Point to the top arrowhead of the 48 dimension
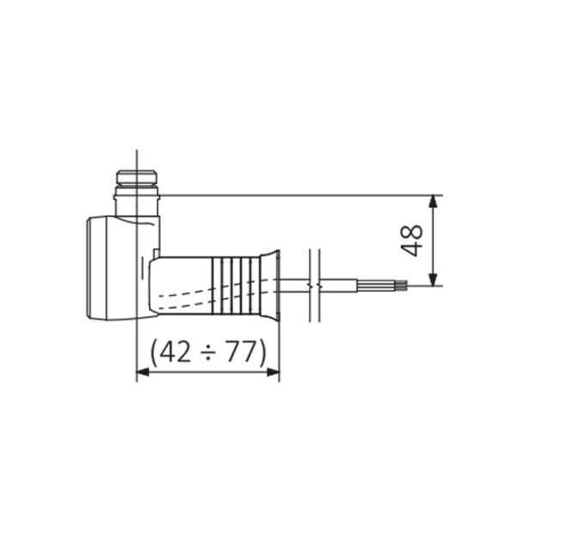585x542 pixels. [x=433, y=202]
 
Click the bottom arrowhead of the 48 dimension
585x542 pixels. [x=433, y=280]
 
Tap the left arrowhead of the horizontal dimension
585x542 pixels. [x=143, y=372]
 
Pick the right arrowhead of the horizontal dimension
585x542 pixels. [x=273, y=372]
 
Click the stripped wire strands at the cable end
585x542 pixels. [x=401, y=286]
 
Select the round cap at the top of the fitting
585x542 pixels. [x=136, y=177]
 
